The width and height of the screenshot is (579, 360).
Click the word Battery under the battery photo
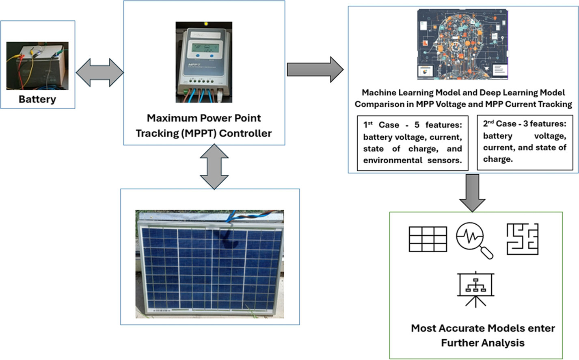coord(37,99)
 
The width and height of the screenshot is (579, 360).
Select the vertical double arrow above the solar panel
coord(214,167)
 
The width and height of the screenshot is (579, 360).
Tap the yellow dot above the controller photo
coord(206,24)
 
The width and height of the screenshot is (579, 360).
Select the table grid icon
coord(428,239)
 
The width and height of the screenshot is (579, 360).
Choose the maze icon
coord(522,239)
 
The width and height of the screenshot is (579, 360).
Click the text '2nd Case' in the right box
coord(499,124)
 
